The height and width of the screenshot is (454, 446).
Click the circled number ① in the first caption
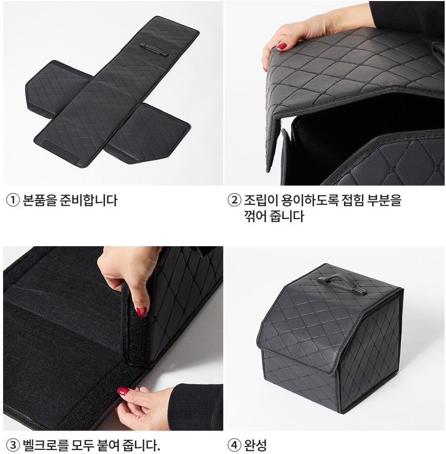coord(13,200)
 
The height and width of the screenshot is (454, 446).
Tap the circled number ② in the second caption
coord(234,200)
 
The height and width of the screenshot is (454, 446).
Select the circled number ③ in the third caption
coord(13,445)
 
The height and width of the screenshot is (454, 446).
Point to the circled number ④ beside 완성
coord(234,445)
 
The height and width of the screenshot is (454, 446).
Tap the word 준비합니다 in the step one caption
coord(89,200)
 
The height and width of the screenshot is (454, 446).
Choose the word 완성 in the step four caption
coord(255,445)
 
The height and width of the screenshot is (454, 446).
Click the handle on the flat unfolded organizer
coord(154,50)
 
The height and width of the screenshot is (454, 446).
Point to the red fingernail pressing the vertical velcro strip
coord(141,312)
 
